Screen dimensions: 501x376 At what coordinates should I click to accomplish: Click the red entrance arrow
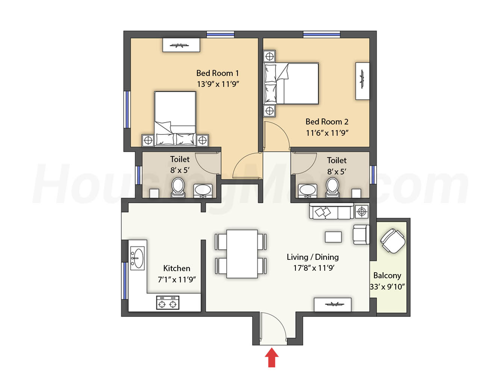272,357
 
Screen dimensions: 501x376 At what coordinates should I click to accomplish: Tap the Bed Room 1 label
218,73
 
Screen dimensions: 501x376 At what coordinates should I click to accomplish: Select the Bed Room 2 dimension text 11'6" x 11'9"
327,133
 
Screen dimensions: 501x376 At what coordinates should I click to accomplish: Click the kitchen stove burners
168,303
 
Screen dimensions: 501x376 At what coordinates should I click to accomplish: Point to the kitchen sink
137,258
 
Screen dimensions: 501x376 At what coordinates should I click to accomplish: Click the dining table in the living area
242,254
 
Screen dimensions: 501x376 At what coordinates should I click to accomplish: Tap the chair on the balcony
393,241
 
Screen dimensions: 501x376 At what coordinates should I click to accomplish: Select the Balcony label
387,276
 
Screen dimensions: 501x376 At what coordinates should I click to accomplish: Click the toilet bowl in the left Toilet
178,187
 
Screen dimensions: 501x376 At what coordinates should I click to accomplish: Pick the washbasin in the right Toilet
308,190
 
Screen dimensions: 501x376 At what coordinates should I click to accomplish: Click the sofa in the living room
331,211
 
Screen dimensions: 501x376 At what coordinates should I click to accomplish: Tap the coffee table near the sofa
333,237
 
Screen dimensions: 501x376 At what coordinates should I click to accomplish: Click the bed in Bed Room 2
291,83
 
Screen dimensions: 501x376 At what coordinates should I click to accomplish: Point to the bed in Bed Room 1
175,119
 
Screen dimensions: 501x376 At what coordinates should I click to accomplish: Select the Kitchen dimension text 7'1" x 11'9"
177,279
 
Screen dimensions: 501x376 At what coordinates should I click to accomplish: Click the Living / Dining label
313,257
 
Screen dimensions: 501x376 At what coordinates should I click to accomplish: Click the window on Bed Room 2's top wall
321,35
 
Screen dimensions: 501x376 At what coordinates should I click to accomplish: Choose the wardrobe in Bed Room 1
181,45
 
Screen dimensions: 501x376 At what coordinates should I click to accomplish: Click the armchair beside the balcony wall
361,235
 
